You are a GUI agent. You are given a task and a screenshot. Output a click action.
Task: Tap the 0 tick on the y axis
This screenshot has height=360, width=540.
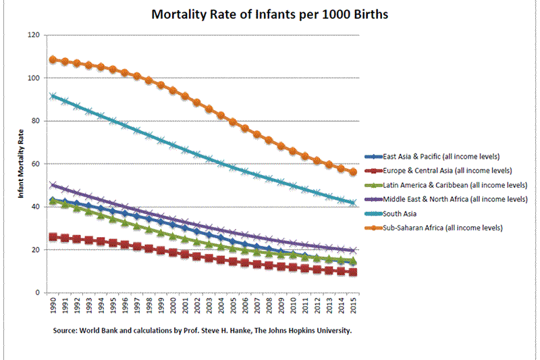coord(38,293)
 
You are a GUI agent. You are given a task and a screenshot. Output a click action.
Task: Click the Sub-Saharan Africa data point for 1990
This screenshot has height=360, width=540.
coord(53,59)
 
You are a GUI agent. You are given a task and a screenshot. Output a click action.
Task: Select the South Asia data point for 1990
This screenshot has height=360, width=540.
coord(53,96)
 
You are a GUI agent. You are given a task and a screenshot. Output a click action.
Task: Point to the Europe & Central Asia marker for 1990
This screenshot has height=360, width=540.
coord(53,237)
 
